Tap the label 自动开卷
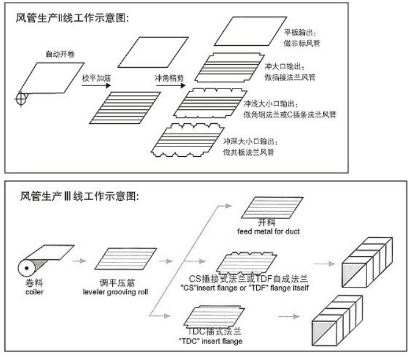pos(60,54)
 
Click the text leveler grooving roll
pos(121,292)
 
